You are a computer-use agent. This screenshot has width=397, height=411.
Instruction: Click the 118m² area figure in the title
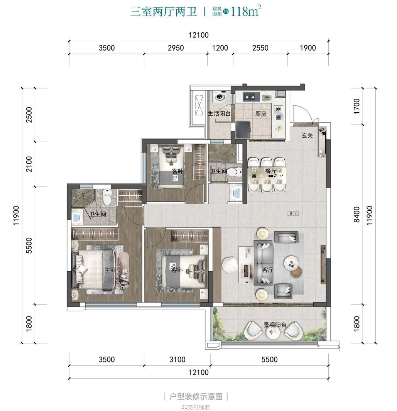point(246,11)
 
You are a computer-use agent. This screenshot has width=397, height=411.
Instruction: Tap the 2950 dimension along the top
point(176,48)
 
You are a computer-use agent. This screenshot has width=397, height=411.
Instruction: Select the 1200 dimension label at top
point(220,48)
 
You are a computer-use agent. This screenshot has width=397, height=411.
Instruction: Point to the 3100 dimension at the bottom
point(177,359)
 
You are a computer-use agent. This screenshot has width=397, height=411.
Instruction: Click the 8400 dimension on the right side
point(356,215)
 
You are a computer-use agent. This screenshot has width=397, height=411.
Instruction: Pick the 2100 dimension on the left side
point(29,164)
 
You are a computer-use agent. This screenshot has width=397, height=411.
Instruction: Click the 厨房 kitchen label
point(261,114)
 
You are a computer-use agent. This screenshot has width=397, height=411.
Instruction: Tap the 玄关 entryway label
point(307,135)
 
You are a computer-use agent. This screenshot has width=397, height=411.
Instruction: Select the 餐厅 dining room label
point(271,171)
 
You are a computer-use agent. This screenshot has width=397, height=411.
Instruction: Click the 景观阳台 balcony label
point(275,325)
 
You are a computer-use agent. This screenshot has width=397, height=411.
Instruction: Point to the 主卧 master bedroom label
point(110,269)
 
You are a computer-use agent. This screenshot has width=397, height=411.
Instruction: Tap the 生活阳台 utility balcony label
point(219,113)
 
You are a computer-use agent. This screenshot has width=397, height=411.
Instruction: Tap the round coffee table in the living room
point(292,262)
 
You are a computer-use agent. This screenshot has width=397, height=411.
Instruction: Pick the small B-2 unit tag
point(293,214)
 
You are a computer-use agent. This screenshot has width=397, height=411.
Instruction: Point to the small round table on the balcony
point(273,333)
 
